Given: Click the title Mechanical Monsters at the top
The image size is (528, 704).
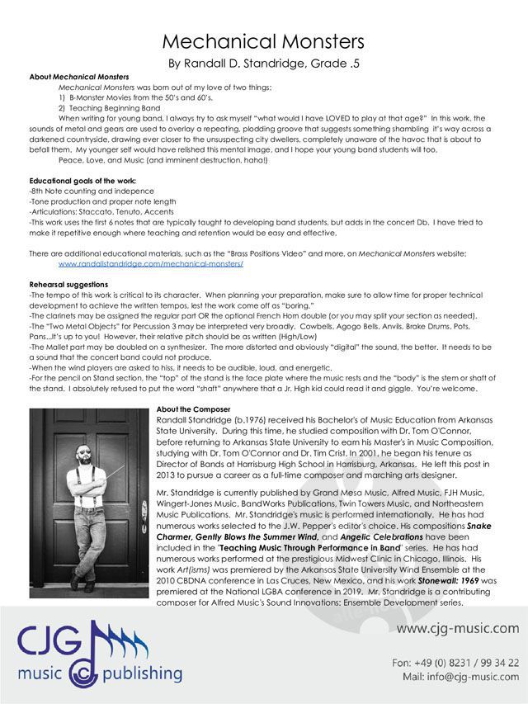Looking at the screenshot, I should coord(264,41).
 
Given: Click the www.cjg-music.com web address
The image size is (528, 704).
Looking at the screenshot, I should coord(458,628).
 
